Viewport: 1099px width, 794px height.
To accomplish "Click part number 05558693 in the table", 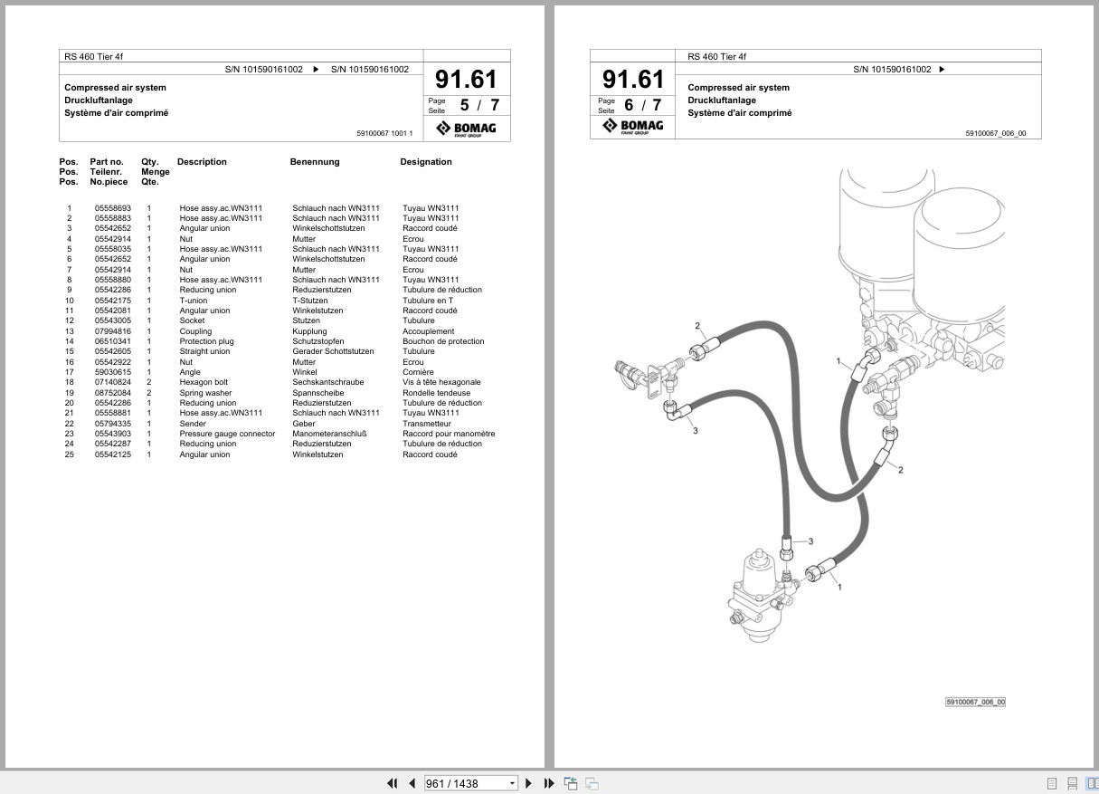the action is [113, 208].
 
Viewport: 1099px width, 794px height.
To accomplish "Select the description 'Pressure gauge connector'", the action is [227, 434].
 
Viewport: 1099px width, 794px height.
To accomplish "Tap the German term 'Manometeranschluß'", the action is [329, 434].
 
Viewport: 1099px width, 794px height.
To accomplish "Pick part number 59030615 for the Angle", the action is [113, 372].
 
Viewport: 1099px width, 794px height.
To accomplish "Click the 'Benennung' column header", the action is [315, 161].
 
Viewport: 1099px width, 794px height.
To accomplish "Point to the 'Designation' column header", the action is [426, 161].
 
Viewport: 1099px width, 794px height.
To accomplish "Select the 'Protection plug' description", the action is [206, 341].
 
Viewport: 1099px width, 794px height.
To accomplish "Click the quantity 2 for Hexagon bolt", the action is [149, 382].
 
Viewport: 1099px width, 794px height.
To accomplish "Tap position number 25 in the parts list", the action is [69, 454].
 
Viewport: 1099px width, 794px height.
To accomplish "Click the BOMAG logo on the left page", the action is [466, 129].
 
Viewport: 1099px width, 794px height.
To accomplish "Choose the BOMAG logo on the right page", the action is [633, 126].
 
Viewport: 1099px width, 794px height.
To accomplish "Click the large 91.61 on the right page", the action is [633, 79].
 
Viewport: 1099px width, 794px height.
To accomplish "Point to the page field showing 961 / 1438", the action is [469, 783].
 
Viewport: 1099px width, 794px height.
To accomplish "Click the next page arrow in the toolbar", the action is [528, 783].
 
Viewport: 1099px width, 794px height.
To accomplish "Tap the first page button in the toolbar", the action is [392, 783].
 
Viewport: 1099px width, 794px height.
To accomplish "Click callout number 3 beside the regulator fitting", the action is [810, 541].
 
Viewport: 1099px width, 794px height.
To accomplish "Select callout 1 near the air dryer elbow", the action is [838, 361].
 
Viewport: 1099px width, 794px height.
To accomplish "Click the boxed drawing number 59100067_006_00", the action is [975, 703].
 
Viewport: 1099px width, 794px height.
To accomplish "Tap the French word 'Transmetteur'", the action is [427, 424].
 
